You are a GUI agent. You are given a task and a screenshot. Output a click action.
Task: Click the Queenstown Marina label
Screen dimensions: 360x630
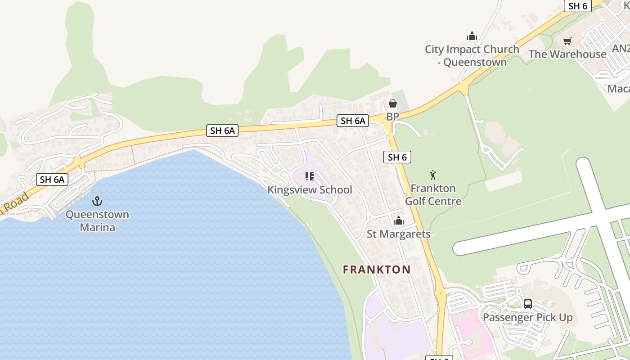pos(97,221)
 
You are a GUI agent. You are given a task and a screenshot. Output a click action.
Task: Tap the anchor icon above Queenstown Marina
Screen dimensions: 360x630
pos(97,201)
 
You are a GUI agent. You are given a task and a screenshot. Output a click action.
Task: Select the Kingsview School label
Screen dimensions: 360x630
pos(310,189)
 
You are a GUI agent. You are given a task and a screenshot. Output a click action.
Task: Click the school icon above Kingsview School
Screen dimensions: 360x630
pos(309,176)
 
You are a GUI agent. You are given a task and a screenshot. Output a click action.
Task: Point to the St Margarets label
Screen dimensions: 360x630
pos(398,234)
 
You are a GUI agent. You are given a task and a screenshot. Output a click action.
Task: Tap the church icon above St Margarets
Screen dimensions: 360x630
pos(399,220)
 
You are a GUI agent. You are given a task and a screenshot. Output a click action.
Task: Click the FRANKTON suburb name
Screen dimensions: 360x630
pos(377,270)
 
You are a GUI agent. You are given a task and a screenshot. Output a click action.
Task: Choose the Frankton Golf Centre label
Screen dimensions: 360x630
pos(433,194)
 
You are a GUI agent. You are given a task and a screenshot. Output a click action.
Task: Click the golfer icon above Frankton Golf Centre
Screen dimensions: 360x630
pos(433,175)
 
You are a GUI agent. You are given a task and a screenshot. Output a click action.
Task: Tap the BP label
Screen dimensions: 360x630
pos(392,117)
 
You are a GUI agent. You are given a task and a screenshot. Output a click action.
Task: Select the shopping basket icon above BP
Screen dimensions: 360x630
pos(393,104)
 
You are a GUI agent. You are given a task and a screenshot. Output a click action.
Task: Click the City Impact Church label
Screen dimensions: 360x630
pos(472,55)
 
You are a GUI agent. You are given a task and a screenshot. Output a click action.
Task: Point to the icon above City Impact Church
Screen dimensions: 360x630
pos(472,36)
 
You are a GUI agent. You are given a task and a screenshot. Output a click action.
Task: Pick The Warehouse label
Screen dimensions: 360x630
pos(567,54)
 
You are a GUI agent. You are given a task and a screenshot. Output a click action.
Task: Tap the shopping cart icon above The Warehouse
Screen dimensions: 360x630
pos(567,41)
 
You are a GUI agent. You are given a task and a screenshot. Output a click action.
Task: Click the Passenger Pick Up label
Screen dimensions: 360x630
pos(527,317)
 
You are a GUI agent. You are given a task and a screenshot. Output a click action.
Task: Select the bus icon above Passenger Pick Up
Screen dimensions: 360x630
pos(527,304)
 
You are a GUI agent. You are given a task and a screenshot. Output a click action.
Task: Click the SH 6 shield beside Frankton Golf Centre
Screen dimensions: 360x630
pos(397,157)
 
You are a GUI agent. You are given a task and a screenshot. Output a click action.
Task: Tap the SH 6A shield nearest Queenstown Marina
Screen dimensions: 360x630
pos(52,180)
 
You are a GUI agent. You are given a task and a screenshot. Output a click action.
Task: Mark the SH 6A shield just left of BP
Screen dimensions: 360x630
pos(353,121)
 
